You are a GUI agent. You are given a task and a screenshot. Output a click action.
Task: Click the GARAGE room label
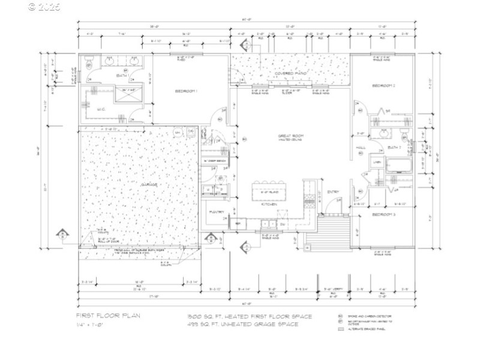coord(149,185)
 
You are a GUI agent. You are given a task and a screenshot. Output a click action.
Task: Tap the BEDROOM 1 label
coord(187,91)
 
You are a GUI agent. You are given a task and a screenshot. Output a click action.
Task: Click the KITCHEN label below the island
coord(269,205)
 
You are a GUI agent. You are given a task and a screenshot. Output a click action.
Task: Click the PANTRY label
coord(217,212)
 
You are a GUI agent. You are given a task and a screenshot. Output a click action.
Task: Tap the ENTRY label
coord(333,192)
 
